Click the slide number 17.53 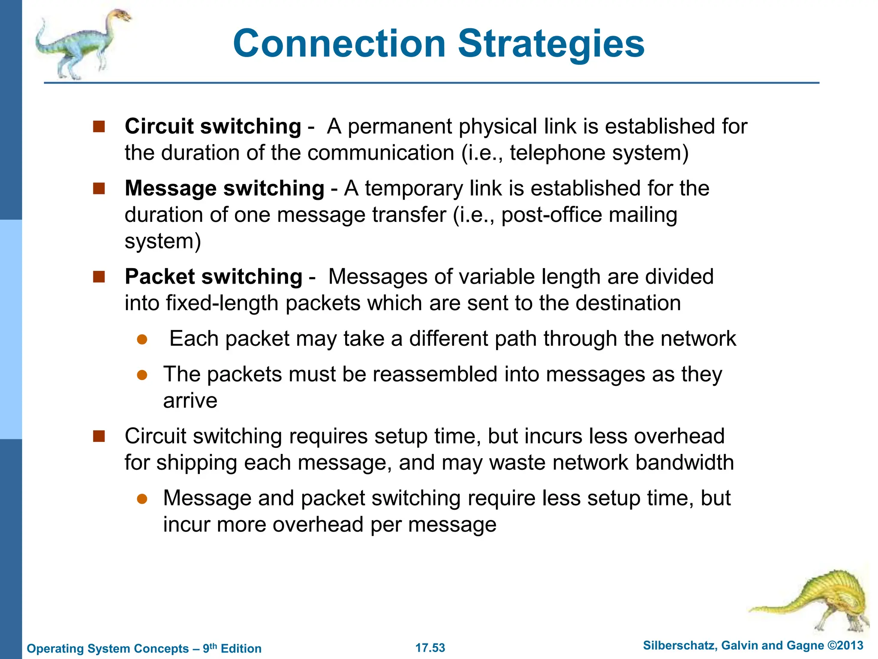(x=430, y=648)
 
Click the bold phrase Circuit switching (x=213, y=127)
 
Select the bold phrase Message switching (x=224, y=188)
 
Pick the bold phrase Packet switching (x=213, y=277)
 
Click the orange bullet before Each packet (x=142, y=340)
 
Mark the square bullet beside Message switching (x=99, y=188)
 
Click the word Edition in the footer (x=241, y=649)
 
